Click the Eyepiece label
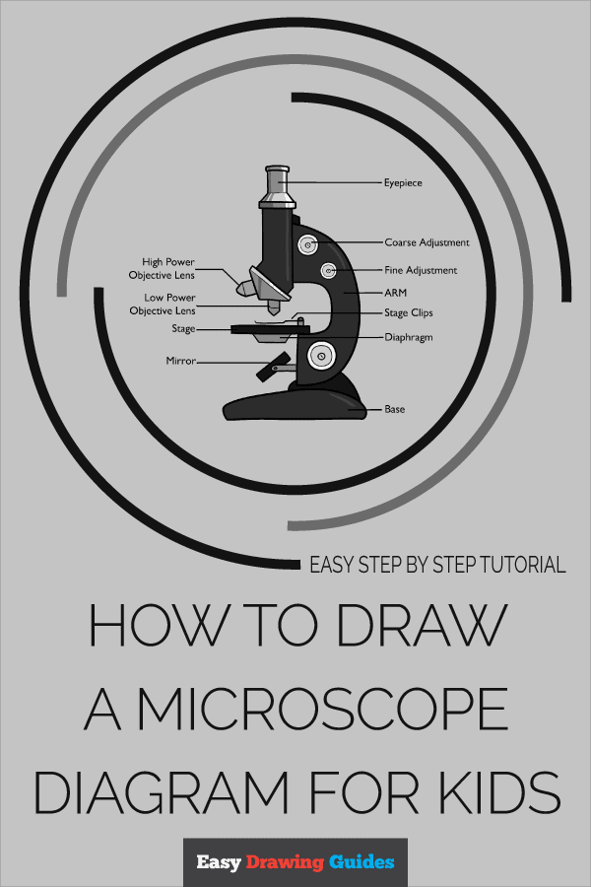(403, 182)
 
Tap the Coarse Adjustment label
(427, 242)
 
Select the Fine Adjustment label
(421, 270)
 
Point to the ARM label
(395, 293)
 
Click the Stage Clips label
(409, 312)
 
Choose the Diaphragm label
(409, 337)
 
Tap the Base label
(394, 409)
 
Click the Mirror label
(180, 361)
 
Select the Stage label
(183, 328)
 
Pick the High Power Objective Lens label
(162, 268)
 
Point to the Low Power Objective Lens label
(163, 304)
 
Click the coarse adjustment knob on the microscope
(307, 245)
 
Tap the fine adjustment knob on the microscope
(329, 271)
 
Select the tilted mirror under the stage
(273, 366)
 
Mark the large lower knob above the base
(321, 357)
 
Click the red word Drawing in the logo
(285, 862)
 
